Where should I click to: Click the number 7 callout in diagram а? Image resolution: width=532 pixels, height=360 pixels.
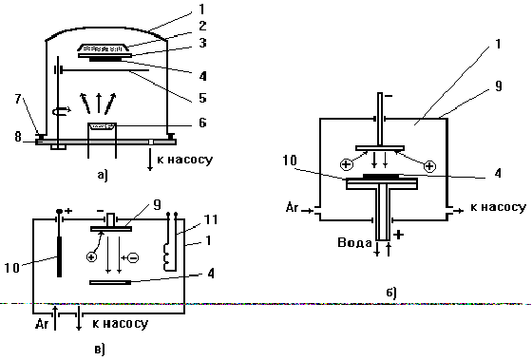pos(18,99)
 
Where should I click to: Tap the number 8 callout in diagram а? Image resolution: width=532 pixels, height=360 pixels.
pos(18,137)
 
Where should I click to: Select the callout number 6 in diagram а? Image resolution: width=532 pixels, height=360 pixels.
pos(202,123)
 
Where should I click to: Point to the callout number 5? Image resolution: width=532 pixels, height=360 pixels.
pos(202,98)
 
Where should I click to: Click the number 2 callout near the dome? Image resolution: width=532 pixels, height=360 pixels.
pos(202,26)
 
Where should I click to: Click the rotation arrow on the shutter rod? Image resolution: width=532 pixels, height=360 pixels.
pos(62,110)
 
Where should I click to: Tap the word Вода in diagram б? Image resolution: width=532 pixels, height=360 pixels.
pos(354,243)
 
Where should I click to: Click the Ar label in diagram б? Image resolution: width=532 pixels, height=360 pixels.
pos(293,207)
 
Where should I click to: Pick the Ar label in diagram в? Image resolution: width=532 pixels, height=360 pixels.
pos(42,324)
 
